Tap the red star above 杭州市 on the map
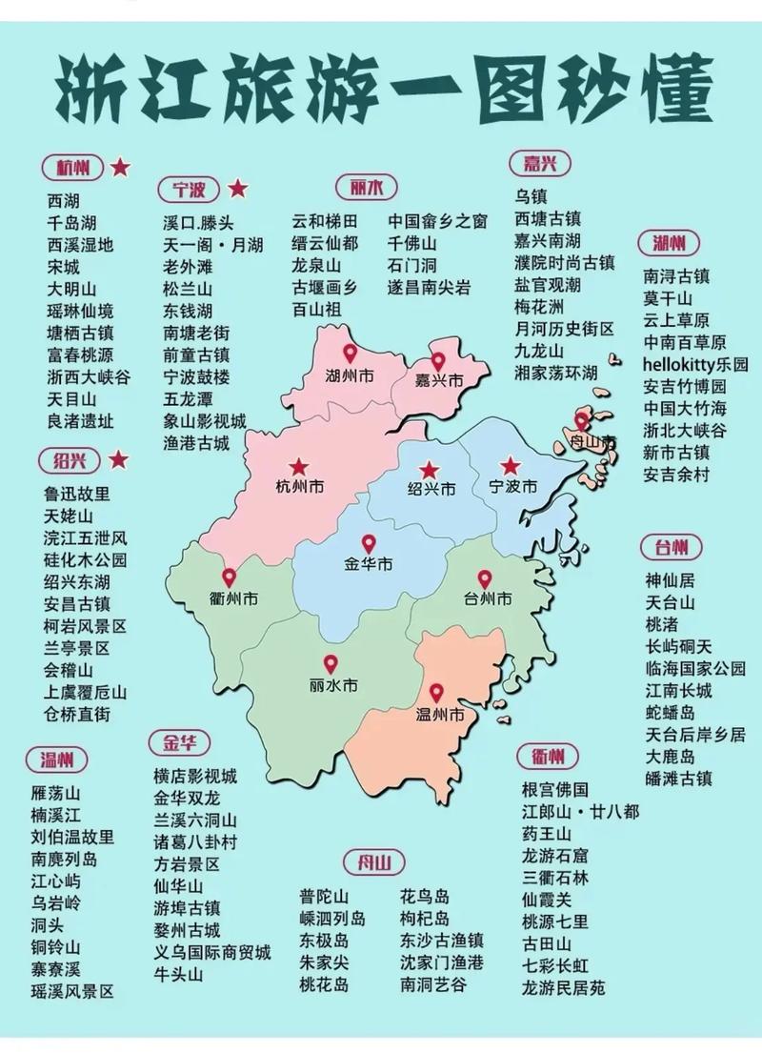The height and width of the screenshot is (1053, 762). [x=299, y=467]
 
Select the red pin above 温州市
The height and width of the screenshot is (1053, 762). [x=436, y=694]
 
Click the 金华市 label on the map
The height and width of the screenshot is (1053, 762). [x=369, y=564]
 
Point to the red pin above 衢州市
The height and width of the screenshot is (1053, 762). [x=229, y=577]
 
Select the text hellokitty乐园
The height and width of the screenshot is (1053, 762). [x=695, y=364]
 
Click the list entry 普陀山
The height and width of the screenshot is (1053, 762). [x=324, y=897]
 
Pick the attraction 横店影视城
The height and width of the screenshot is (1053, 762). [x=195, y=775]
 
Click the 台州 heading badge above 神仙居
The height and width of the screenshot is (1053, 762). [x=673, y=548]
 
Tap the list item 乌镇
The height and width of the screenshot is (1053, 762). [x=531, y=196]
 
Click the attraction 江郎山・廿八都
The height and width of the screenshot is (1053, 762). [x=580, y=812]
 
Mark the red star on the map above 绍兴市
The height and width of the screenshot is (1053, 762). [x=430, y=469]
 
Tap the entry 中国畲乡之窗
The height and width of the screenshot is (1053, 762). [x=437, y=220]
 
